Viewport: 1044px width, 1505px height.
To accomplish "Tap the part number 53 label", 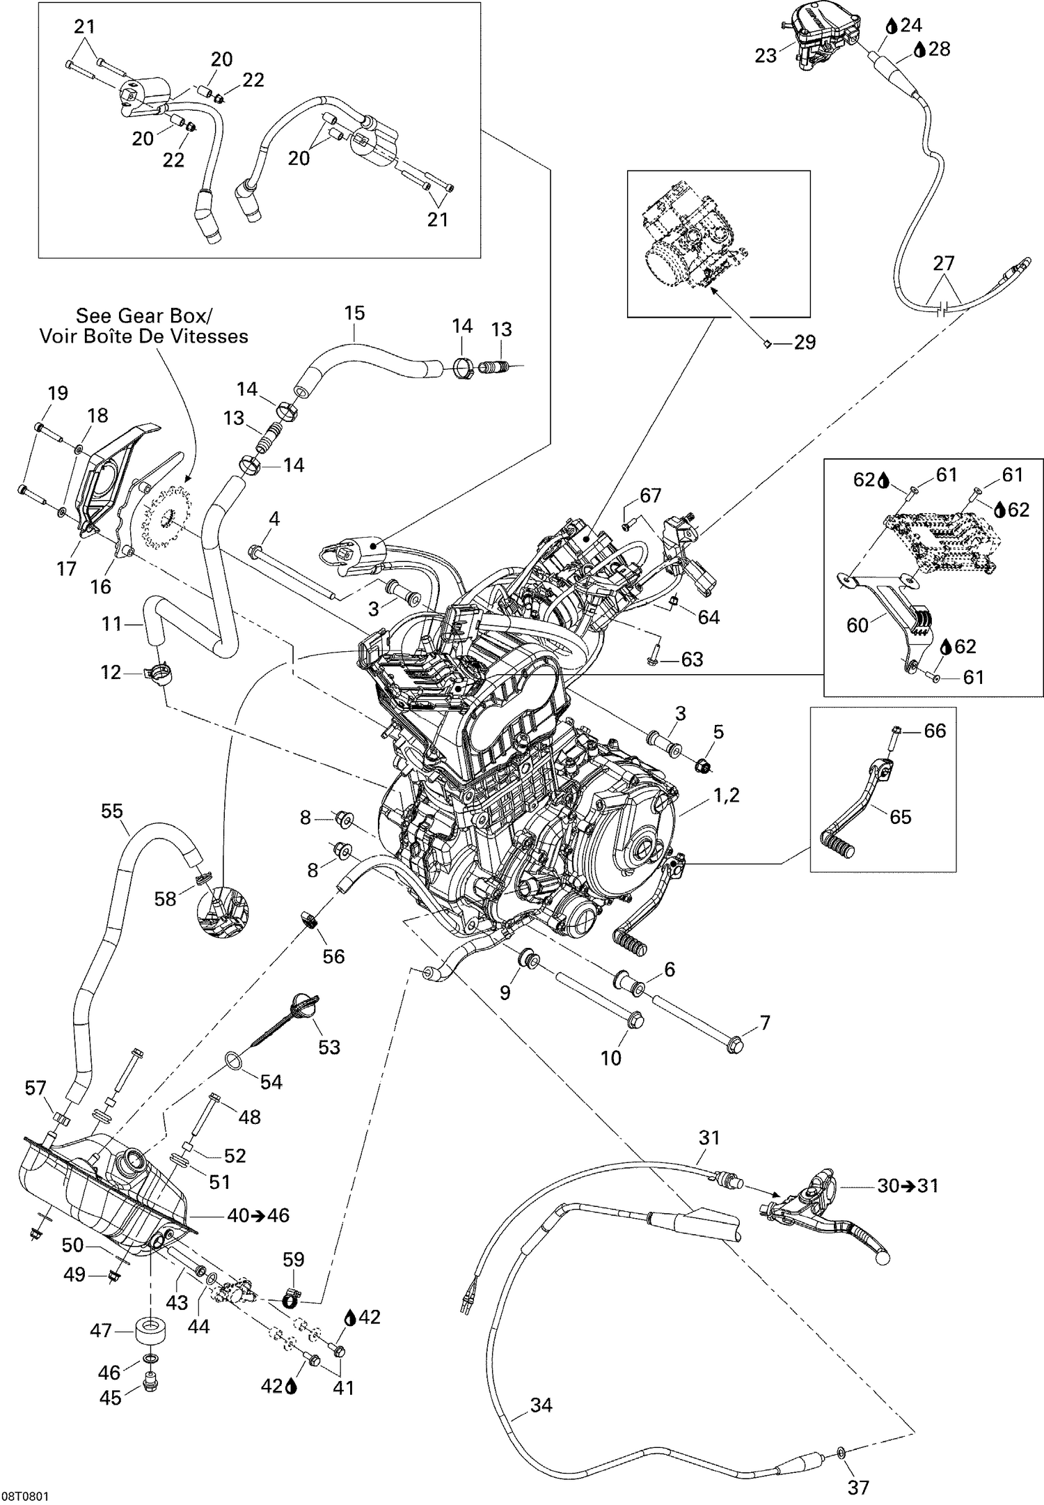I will coord(329,1047).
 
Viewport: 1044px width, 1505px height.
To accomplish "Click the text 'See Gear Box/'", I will coord(141,315).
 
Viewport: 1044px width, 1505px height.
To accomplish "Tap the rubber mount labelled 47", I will coord(150,1331).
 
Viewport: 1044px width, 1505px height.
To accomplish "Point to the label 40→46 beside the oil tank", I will coord(258,1215).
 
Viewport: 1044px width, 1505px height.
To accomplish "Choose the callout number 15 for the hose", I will coord(354,313).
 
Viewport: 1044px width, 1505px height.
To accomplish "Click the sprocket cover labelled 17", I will coord(97,498).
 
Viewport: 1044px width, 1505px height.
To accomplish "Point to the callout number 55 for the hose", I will coord(111,811).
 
